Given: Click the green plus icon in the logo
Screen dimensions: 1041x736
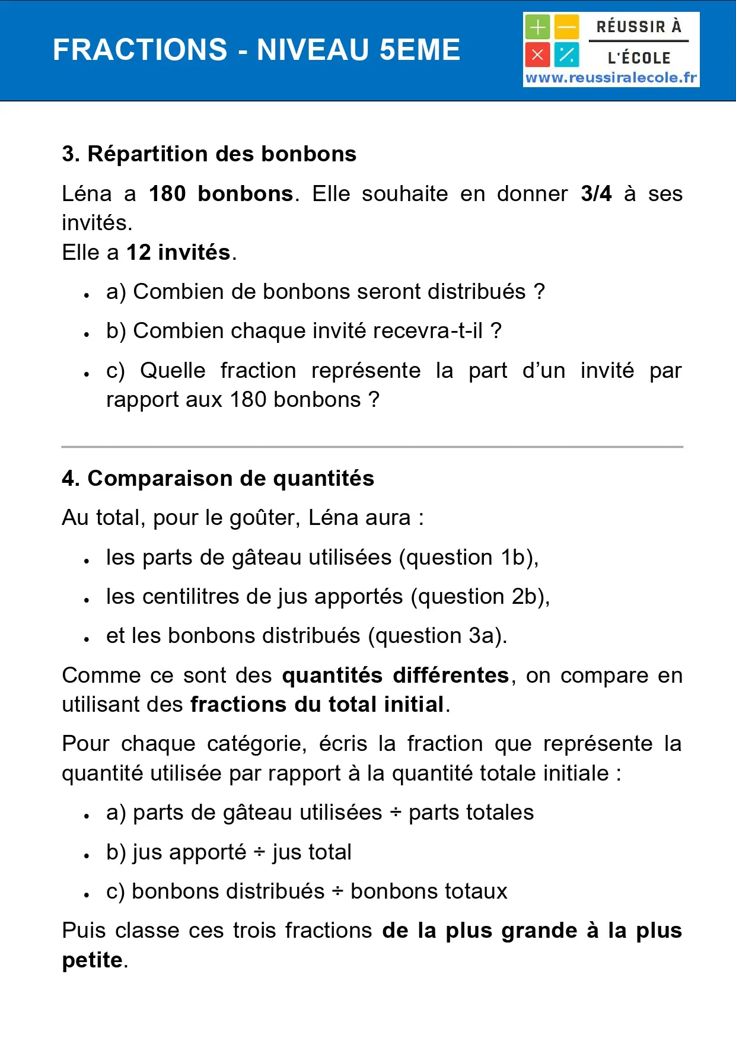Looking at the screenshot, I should pos(537,27).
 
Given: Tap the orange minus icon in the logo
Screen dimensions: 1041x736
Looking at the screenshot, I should pos(567,27).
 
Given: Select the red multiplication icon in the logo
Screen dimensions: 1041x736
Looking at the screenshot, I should pos(537,55).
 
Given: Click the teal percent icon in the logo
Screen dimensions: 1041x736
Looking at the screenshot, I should pos(567,55).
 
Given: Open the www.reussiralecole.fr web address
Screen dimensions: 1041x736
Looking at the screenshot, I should pos(611,78).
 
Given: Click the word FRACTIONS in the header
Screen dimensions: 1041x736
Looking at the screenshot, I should pos(140,50).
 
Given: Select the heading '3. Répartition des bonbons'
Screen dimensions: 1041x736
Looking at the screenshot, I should pos(209,154).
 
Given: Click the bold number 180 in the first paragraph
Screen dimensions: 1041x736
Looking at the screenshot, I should pos(167,194).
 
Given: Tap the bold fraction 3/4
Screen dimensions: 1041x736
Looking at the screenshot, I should pos(596,194).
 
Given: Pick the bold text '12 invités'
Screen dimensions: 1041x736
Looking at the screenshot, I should pos(178,253).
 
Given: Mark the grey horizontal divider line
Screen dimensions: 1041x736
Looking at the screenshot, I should pos(372,447).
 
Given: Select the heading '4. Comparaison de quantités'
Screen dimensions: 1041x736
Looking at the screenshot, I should pos(218,479).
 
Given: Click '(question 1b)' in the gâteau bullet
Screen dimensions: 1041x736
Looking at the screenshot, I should pos(469,558).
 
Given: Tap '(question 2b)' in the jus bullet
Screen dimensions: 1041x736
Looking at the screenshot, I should pos(480,597).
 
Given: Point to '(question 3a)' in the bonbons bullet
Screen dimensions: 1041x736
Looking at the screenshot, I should pos(438,636).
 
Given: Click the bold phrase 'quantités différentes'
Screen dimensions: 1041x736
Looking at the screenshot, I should pos(396,676).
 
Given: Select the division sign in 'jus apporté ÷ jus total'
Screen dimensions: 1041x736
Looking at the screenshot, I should pos(259,852).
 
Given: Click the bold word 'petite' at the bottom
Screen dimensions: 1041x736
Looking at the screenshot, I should pos(93,960).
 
